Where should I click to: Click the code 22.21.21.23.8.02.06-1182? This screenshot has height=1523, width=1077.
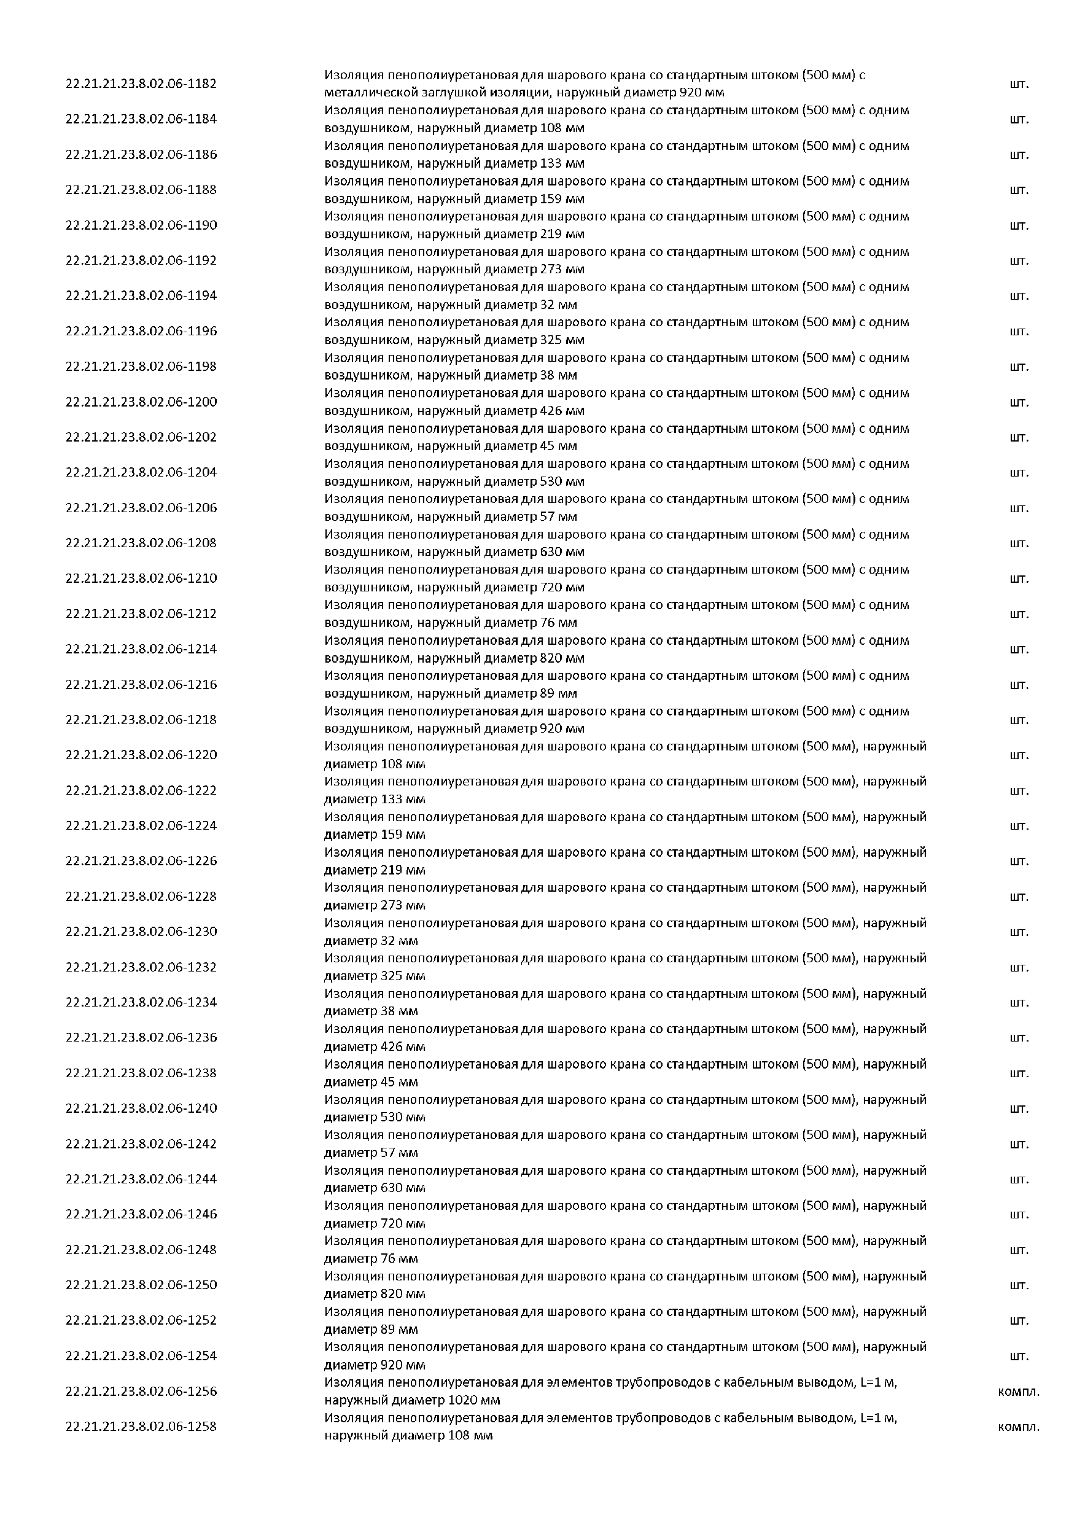[141, 84]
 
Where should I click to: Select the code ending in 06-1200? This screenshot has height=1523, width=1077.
[141, 402]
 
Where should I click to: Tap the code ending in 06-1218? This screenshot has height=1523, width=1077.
[141, 720]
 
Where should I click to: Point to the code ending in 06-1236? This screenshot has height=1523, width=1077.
[141, 1037]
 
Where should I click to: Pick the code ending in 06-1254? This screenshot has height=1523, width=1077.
[141, 1356]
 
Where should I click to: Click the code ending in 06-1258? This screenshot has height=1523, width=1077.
[141, 1426]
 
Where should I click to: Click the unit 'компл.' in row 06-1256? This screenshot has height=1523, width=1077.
[1019, 1392]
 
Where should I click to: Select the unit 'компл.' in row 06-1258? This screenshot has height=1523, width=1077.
[1019, 1427]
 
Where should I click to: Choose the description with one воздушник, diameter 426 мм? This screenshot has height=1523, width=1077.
[616, 402]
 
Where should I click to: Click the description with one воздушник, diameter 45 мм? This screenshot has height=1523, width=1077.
[616, 437]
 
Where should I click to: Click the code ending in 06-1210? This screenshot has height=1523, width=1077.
[141, 578]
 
